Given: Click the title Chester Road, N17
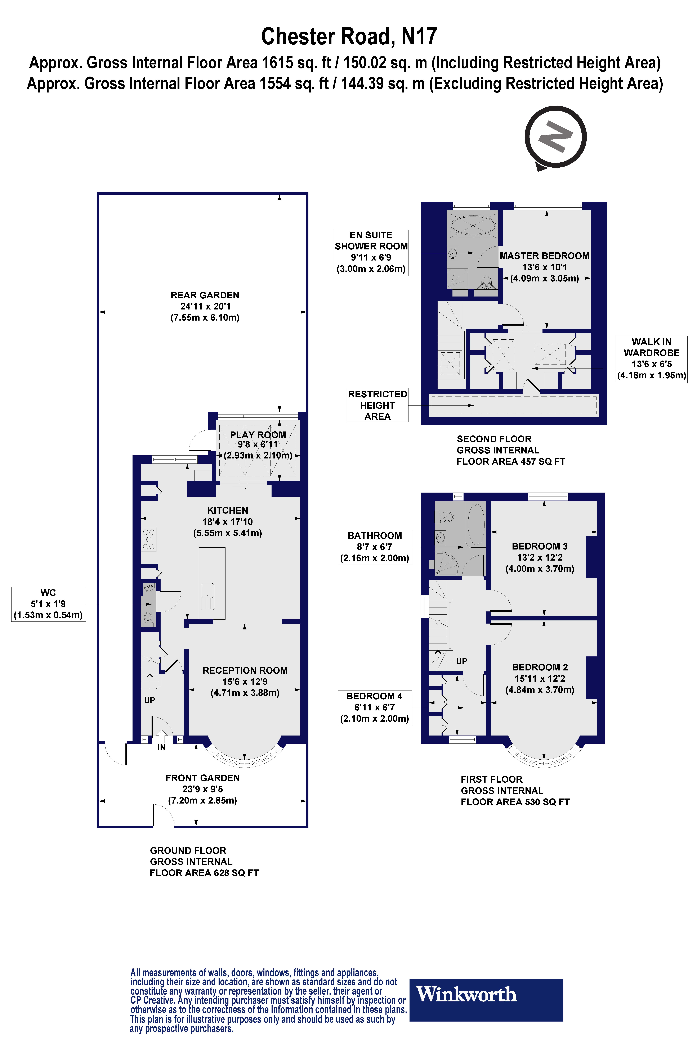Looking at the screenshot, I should (x=349, y=36).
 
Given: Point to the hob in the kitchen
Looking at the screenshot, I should (x=149, y=539).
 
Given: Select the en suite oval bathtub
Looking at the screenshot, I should (x=473, y=226).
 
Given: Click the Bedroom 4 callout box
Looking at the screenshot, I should (x=375, y=707).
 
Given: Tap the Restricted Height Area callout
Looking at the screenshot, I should (x=377, y=405).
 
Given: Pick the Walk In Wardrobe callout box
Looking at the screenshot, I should (x=651, y=359).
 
